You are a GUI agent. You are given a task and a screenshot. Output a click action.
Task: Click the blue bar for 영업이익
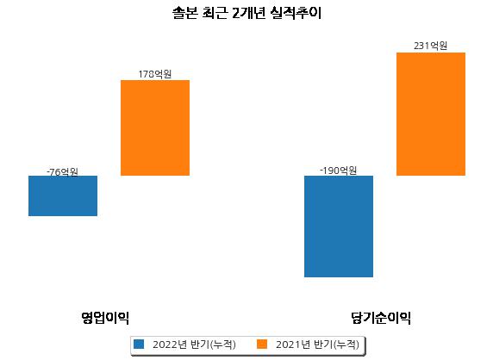[x=63, y=196]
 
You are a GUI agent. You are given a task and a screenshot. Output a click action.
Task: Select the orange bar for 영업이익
[x=155, y=127]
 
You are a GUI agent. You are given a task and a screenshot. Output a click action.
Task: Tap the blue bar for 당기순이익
[x=339, y=227]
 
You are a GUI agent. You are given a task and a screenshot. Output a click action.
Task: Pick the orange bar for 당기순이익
[x=431, y=114]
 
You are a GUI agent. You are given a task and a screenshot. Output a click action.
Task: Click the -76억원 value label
[x=62, y=172]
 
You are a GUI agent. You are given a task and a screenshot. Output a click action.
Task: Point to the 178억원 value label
[x=155, y=74]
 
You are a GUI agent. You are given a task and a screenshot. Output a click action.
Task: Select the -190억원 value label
[x=339, y=171]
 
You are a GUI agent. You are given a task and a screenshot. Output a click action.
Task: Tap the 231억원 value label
[x=430, y=46]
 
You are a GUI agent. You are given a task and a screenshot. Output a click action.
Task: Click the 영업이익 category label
[x=105, y=318]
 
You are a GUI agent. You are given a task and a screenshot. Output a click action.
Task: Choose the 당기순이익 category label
[x=381, y=318]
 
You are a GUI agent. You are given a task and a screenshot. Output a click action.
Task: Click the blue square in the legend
[x=139, y=344]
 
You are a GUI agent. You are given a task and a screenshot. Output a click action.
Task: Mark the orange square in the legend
[x=262, y=344]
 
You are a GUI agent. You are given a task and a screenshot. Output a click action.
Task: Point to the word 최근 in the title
[x=215, y=13]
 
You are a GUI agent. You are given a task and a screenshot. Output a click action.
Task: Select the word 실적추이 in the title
[x=296, y=13]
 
